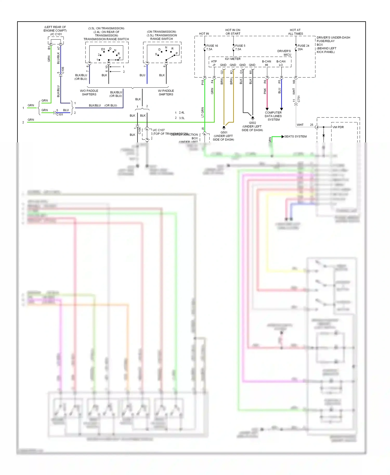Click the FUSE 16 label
point(212,46)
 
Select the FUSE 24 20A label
point(303,47)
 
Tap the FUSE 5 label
point(240,46)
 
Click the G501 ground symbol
point(224,128)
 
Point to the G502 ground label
point(252,123)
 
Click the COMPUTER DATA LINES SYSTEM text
point(273,116)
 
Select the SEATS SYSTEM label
point(295,136)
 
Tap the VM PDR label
point(338,127)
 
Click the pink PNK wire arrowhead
point(267,109)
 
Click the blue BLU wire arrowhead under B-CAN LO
point(281,109)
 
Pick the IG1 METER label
point(233,59)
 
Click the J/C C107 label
point(159,130)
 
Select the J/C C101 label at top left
point(56,34)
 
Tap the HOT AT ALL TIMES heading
point(295,32)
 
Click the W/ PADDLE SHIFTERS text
point(166,93)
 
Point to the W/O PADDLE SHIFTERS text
point(89,93)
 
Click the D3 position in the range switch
point(103,49)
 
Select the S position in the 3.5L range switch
point(156,54)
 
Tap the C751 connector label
point(299,99)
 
